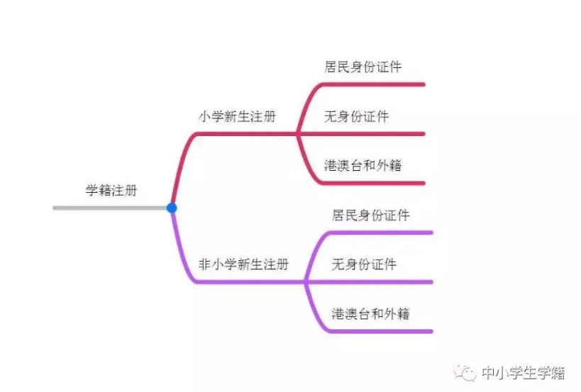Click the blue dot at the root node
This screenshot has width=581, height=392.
click(172, 208)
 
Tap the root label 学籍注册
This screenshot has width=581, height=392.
click(111, 190)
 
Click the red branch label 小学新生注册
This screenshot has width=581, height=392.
click(236, 117)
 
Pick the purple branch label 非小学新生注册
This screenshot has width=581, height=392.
click(243, 264)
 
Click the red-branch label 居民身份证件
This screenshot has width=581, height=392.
click(363, 67)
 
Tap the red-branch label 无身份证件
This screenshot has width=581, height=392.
click(356, 116)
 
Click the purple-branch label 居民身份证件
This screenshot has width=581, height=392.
click(370, 215)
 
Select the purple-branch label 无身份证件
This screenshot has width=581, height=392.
click(364, 264)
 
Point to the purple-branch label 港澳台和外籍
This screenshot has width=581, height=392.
click(370, 313)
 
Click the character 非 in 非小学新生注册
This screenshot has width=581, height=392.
click(204, 264)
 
